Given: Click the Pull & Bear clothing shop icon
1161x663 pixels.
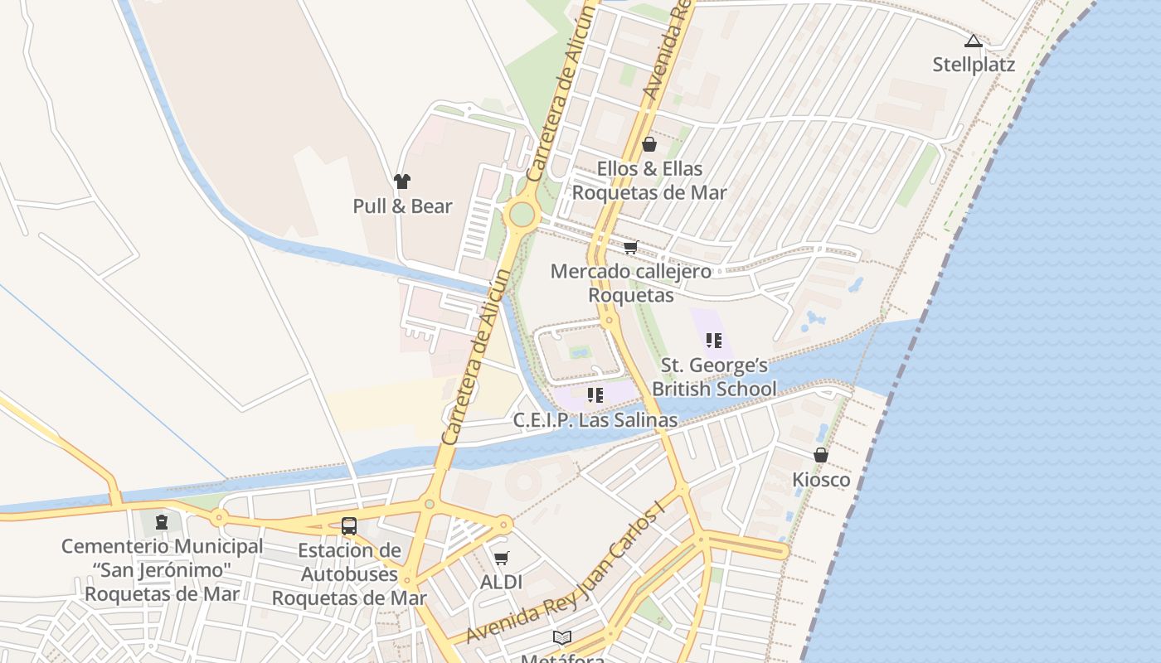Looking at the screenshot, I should (x=402, y=181).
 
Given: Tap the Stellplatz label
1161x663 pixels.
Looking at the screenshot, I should (x=974, y=65).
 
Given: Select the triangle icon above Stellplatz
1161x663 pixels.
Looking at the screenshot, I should (x=974, y=41).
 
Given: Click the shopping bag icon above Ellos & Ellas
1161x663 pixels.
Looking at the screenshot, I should (x=649, y=145).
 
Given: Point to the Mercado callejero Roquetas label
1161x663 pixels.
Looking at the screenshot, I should (x=631, y=283).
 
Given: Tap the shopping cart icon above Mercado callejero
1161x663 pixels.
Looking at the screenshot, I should (x=631, y=247).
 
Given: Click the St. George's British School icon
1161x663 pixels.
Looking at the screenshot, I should (x=713, y=340).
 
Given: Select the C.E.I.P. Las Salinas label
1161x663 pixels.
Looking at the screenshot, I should (x=595, y=420).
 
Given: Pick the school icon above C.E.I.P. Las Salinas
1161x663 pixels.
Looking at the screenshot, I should (x=595, y=395).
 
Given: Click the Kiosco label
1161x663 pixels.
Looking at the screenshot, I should (x=821, y=480).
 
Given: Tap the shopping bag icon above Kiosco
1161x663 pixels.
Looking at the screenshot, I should (x=821, y=455).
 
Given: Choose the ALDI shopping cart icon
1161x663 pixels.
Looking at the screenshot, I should (x=501, y=559).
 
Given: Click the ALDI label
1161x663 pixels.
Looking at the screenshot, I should (x=501, y=583).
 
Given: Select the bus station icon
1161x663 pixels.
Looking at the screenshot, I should (x=349, y=525).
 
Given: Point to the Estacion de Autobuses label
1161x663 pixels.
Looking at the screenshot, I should (x=349, y=573).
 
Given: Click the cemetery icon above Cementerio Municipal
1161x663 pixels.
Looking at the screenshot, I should (x=162, y=522).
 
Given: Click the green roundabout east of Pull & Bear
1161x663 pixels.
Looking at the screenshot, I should (x=522, y=215).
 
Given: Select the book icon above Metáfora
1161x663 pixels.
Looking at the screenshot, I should (x=562, y=637).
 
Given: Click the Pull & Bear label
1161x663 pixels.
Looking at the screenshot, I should (x=402, y=206).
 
